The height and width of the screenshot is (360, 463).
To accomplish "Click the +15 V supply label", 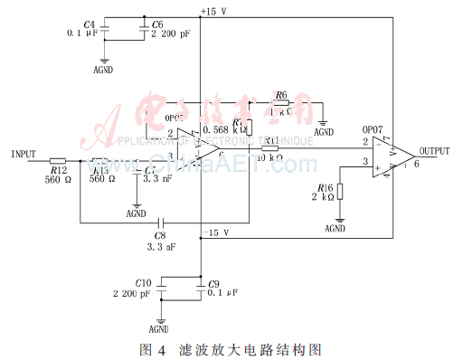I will coord(216,10).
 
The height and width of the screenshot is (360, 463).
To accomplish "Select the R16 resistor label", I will coord(322,186).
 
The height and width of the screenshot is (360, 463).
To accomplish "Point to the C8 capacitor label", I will coord(163,233).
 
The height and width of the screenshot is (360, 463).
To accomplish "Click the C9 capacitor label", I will coord(214,283).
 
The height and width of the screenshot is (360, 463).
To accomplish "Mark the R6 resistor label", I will coord(281,94).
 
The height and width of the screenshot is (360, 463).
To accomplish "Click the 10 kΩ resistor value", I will coord(270,157).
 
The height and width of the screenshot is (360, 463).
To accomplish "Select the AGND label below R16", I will coord(335,230).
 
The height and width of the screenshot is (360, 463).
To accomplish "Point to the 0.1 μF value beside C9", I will coord(223,293).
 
